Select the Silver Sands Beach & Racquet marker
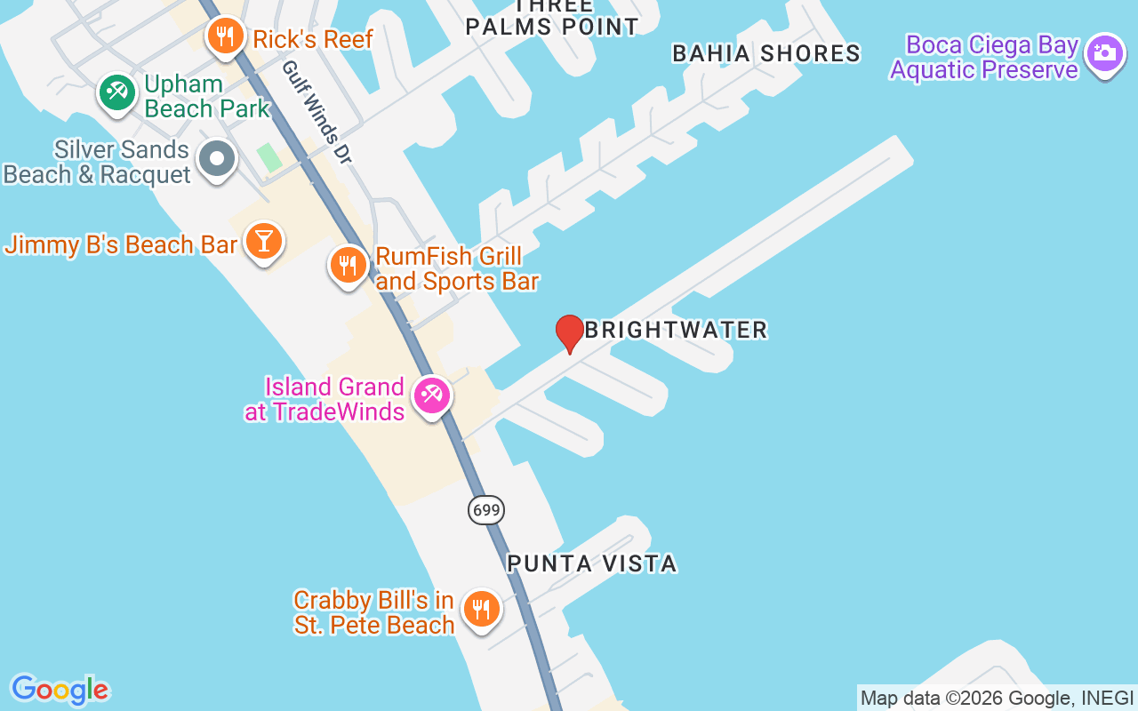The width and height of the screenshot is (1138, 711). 217,160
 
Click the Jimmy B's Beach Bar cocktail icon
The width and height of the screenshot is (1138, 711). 263,240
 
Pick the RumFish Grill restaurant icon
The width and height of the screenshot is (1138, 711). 349,265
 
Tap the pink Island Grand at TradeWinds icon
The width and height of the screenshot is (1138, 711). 433,394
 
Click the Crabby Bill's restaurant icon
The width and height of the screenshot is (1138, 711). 481,609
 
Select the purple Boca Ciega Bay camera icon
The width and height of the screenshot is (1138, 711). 1105,52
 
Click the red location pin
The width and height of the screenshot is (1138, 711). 570,333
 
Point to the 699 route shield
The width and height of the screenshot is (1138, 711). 486,509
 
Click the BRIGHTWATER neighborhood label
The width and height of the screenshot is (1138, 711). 676,330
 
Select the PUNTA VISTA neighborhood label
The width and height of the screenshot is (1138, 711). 592,563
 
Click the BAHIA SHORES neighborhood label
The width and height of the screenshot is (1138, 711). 766,53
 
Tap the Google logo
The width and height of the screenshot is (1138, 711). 60,690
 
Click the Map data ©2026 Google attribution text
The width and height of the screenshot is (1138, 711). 997,699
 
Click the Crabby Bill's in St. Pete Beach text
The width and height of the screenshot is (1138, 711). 374,612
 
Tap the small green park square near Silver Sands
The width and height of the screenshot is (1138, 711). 269,158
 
